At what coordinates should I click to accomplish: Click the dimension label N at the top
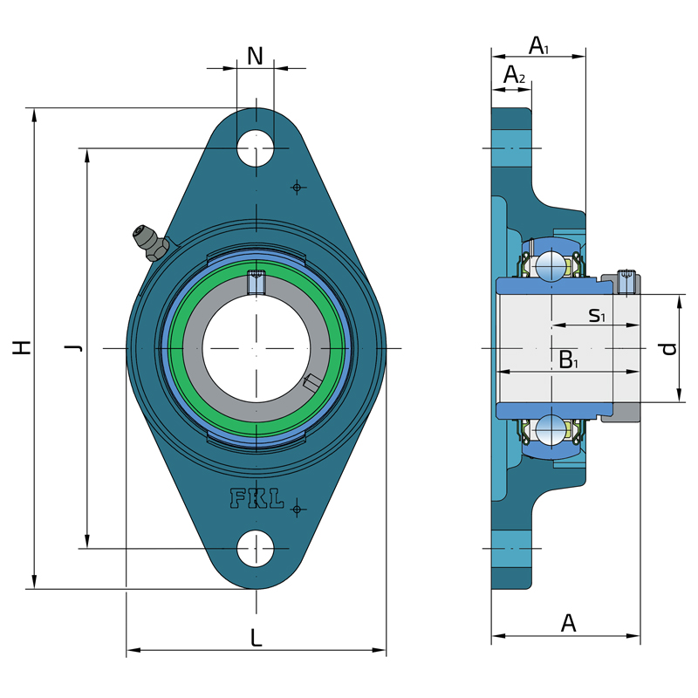coord(255,56)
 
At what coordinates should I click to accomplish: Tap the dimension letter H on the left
coord(21,347)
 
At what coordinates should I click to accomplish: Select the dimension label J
coord(73,347)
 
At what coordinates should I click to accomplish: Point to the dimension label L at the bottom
coord(256,638)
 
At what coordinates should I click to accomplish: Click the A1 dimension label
coord(538,45)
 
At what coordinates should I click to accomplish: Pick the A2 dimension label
coord(514,74)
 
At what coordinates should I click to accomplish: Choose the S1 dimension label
coord(597,315)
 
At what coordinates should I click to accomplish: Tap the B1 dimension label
coord(569,359)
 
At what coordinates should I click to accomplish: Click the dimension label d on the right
coord(669,348)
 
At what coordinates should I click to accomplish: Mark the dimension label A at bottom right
coord(569,623)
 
